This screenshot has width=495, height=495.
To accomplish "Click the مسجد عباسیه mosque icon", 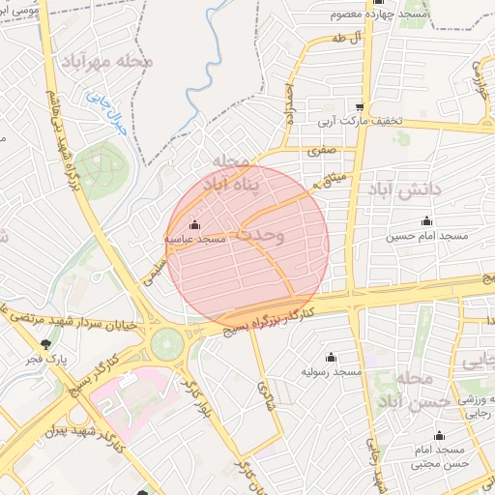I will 195,226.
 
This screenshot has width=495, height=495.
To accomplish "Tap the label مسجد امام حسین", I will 427,236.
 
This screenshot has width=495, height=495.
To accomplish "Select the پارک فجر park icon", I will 45,344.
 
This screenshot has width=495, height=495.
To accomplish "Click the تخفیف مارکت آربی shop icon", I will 360,108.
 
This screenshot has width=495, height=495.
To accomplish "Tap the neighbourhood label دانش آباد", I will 403,190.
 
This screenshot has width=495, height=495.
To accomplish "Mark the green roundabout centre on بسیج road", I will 166,340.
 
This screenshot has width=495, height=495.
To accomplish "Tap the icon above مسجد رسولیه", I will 332,357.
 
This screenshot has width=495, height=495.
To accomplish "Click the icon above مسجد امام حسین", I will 427,221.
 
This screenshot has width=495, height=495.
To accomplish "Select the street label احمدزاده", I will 288,106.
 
